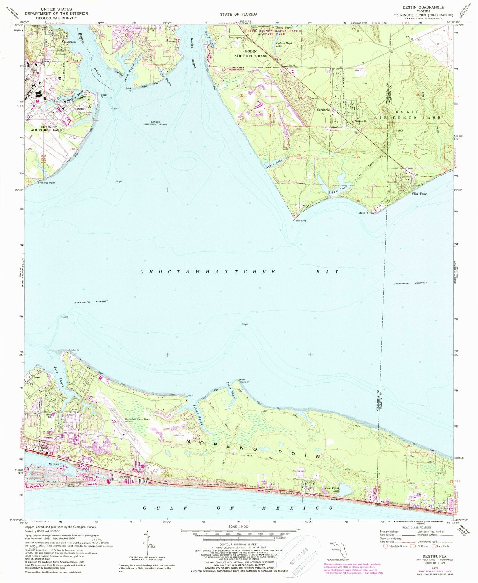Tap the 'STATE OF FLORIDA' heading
pyautogui.click(x=238, y=14)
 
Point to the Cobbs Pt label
pyautogui.click(x=74, y=350)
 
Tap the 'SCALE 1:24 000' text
pyautogui.click(x=238, y=526)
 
